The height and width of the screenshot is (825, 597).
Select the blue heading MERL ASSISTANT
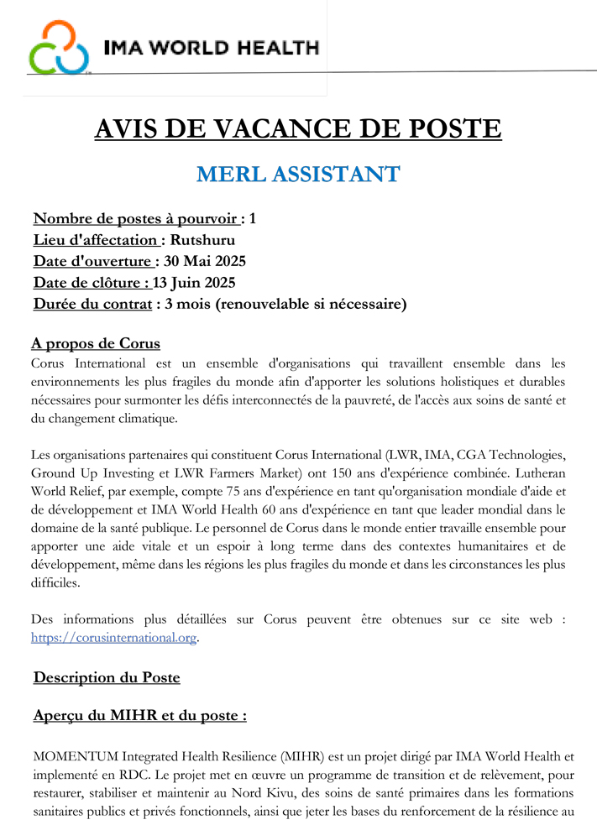coord(298,175)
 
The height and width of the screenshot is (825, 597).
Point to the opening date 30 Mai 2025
coord(205,261)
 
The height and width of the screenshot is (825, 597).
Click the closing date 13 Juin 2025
coord(194,282)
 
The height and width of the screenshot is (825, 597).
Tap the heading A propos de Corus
coord(95,344)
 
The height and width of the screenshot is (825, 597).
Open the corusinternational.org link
coord(113,638)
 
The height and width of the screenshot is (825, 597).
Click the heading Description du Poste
coord(107,677)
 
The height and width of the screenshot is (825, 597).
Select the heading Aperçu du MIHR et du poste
coord(139,716)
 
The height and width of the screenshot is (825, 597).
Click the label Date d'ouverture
coord(92,261)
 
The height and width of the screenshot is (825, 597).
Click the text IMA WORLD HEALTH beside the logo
coord(211,47)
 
